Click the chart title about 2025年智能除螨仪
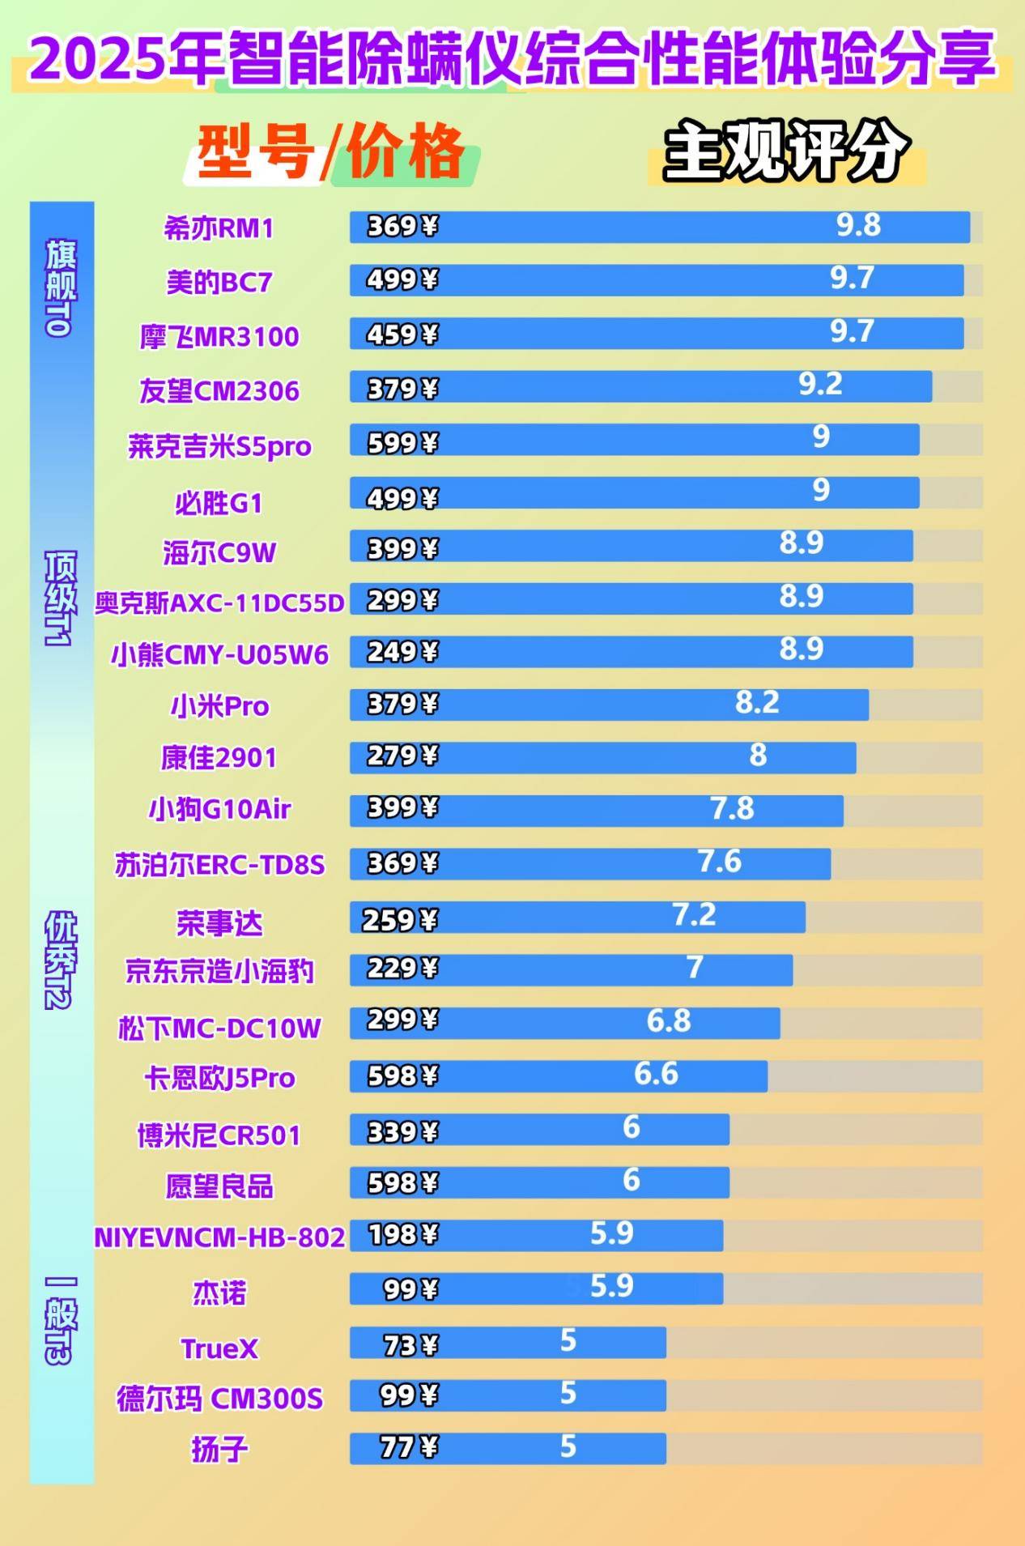[x=512, y=58]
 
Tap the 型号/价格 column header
[x=330, y=151]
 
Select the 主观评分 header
[x=785, y=151]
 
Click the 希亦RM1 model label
[x=219, y=228]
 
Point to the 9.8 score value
[x=858, y=225]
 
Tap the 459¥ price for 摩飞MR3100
[x=402, y=334]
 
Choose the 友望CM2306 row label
[x=219, y=391]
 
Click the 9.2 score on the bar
[x=820, y=384]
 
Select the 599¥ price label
[x=402, y=442]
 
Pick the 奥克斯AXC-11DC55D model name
[x=219, y=603]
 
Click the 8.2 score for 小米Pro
[x=757, y=702]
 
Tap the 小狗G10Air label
[x=219, y=808]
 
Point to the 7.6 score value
[x=720, y=861]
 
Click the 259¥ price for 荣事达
[x=400, y=919]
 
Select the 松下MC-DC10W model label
[x=219, y=1028]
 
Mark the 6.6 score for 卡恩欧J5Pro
[x=656, y=1074]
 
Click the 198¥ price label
[x=402, y=1234]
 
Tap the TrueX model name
[x=219, y=1348]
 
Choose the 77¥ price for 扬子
[x=409, y=1446]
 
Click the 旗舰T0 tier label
[x=62, y=287]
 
